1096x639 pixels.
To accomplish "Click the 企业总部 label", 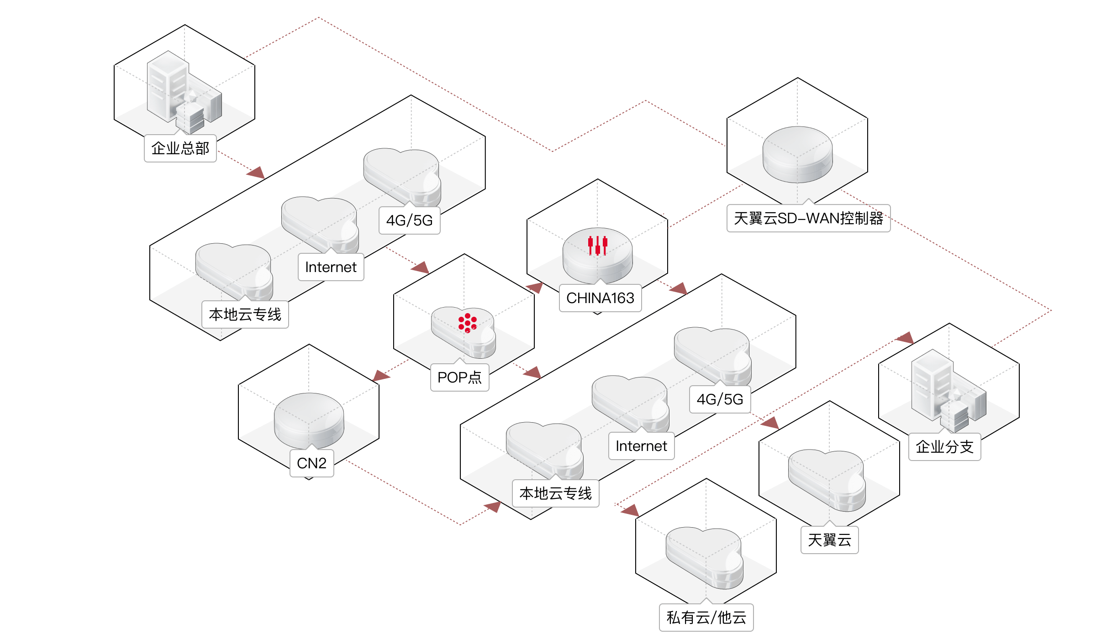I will click(x=180, y=148).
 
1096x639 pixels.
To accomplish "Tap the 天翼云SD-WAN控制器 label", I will click(x=808, y=219).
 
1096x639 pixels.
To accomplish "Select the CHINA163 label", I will click(x=600, y=298).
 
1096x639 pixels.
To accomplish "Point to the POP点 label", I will click(x=459, y=377).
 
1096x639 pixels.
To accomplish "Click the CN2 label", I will click(x=311, y=463).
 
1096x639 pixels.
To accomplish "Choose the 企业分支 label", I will click(x=944, y=447).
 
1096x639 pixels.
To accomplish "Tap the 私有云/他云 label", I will click(x=706, y=618).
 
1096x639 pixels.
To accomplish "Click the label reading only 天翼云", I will click(x=829, y=540).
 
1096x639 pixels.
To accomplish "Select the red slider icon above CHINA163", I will click(x=597, y=245).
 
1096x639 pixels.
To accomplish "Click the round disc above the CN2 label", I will click(x=309, y=420).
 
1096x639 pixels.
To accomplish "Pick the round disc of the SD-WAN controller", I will click(x=797, y=154).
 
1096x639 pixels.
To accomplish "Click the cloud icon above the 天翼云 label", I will click(x=827, y=479).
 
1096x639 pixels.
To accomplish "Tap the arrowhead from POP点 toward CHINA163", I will click(x=535, y=288).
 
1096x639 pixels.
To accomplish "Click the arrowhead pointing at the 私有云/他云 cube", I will click(x=631, y=510).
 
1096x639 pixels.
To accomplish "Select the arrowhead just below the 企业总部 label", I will click(x=256, y=173).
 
